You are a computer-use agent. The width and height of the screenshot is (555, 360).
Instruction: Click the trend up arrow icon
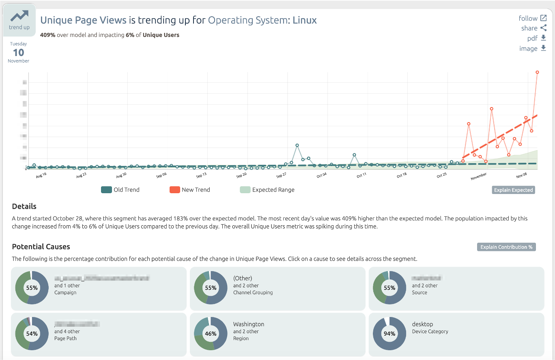point(19,16)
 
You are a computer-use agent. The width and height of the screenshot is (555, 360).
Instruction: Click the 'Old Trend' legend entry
point(120,190)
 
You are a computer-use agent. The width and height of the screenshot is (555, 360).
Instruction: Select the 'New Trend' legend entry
point(189,190)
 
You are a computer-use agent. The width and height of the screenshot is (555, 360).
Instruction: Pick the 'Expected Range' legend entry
point(267,190)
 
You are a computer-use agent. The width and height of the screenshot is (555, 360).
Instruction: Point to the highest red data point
point(537,72)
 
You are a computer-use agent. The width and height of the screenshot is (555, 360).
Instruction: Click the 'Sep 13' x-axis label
point(202,176)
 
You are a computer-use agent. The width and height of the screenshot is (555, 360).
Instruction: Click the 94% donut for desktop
point(389,334)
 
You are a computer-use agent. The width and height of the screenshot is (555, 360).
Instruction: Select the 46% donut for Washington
point(211,334)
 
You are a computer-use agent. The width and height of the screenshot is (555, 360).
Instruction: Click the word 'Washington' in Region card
point(248,324)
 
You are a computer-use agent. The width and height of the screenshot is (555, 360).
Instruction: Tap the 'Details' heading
point(24,206)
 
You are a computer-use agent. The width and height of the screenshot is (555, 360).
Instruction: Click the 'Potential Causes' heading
point(41,247)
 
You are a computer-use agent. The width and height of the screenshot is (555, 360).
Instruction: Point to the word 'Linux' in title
point(304,20)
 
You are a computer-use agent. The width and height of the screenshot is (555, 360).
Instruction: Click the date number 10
point(18,52)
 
